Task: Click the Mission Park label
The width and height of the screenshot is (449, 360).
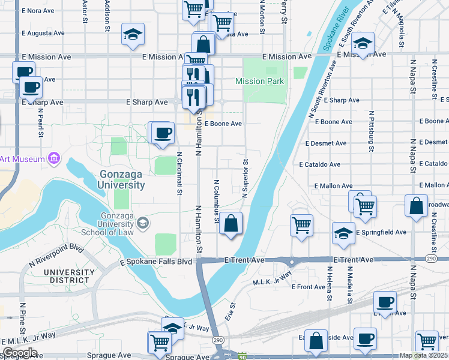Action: [x=259, y=81]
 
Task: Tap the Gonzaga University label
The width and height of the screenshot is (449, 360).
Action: [x=122, y=179]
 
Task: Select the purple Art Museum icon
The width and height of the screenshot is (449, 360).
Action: [x=54, y=158]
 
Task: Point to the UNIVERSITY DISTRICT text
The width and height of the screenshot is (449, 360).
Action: [x=70, y=276]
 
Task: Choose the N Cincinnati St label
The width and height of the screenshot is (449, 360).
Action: [x=179, y=173]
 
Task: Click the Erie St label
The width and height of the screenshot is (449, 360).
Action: [x=229, y=311]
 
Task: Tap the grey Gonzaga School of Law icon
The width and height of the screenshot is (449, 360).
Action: [x=143, y=223]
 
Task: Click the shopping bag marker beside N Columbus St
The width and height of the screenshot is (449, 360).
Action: [x=231, y=225]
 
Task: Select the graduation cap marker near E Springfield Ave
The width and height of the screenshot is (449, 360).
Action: [x=343, y=234]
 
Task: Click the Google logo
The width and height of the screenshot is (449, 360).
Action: [x=20, y=353]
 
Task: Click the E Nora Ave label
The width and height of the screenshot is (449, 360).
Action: [x=38, y=11]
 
